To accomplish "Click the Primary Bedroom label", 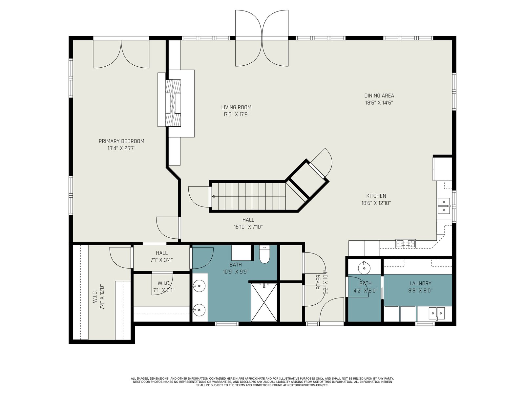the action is pos(121,141).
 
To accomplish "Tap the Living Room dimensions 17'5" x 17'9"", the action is pos(236,115).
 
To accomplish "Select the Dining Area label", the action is pos(379,96).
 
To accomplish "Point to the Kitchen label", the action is pos(376,196).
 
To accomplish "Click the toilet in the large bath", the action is pos(264,254).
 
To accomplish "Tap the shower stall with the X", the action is pos(264,302).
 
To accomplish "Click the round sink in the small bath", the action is pos(364,268).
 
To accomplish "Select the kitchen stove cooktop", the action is pos(406,244).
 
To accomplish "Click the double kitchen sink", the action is pos(444,206).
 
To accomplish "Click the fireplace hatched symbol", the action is pos(173,103).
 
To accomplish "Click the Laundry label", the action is pos(420,283).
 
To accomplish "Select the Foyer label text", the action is pos(318,282).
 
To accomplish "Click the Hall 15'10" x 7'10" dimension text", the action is pos(248,227).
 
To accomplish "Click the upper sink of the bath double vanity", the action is pos(199,286).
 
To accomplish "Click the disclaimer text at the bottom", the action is pos(262,382).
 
